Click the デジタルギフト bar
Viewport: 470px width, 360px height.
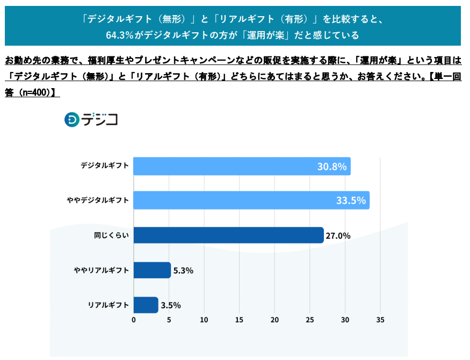point(242,166)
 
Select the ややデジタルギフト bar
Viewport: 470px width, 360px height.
point(251,200)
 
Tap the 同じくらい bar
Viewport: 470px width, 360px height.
point(228,235)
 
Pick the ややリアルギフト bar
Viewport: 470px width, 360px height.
point(152,270)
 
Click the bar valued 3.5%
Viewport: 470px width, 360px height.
point(146,305)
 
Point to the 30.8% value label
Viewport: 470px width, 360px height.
point(331,167)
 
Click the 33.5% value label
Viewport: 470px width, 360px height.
point(351,201)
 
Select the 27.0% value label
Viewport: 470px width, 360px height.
point(338,236)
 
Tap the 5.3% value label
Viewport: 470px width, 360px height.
point(183,270)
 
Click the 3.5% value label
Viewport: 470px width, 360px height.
point(171,305)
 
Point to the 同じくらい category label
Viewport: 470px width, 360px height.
point(111,235)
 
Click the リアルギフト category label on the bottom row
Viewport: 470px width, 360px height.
point(109,305)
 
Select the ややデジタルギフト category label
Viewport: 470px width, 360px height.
point(98,200)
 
